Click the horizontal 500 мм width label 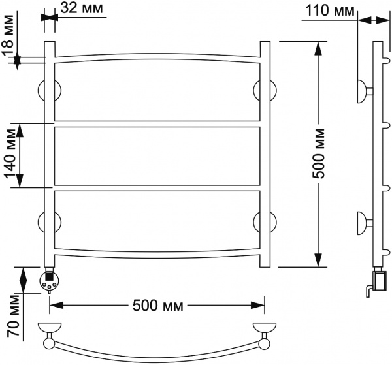point(157,306)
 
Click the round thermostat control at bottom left point(50,282)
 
